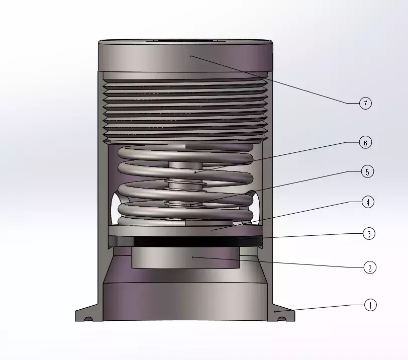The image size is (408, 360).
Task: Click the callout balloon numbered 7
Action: [365, 104]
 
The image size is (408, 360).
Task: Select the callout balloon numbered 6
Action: [365, 143]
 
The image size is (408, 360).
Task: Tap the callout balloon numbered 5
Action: [367, 172]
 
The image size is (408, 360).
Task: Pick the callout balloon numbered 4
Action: [368, 202]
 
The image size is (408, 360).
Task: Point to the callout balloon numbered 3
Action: [369, 234]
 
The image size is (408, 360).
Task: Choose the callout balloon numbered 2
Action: [370, 267]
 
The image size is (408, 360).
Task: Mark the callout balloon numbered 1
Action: [370, 305]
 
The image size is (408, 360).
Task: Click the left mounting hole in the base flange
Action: [88, 319]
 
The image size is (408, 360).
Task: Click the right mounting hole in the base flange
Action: [282, 319]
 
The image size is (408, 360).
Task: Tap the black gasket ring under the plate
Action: [185, 241]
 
